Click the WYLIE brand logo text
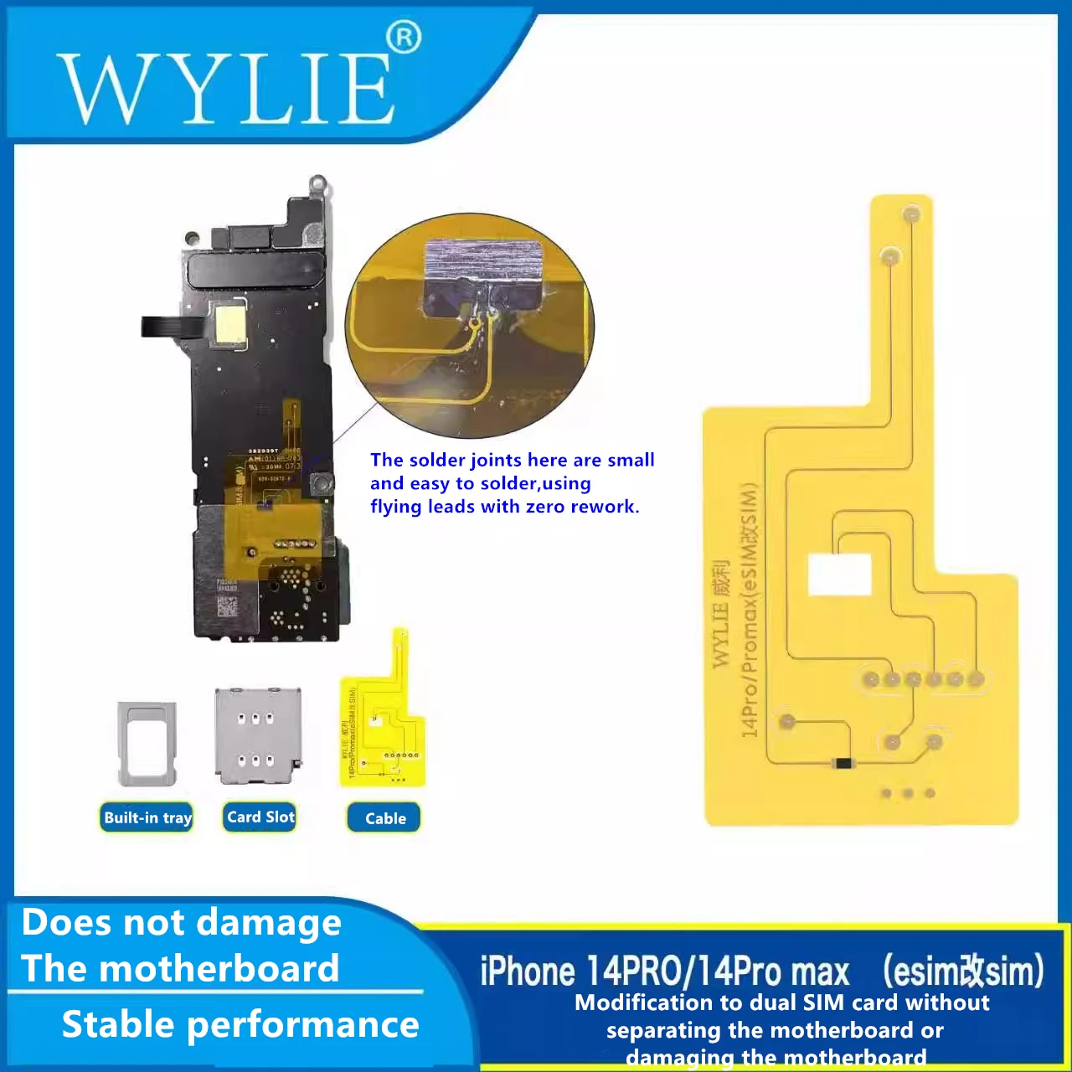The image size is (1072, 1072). [x=226, y=88]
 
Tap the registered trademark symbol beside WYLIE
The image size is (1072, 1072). [x=404, y=38]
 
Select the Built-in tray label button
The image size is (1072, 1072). [x=147, y=817]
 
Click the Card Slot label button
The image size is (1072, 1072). [x=260, y=817]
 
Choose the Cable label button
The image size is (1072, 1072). [x=384, y=818]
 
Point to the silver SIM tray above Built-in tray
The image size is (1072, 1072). [x=147, y=743]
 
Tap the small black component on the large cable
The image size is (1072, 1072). [x=843, y=763]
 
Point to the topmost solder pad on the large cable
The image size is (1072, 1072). [x=911, y=215]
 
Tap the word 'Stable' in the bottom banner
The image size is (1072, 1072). [x=117, y=1024]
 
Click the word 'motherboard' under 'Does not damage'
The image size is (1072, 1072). [x=224, y=969]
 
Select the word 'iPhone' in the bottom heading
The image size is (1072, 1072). [x=528, y=971]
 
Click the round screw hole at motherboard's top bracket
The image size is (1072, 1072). [x=317, y=182]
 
